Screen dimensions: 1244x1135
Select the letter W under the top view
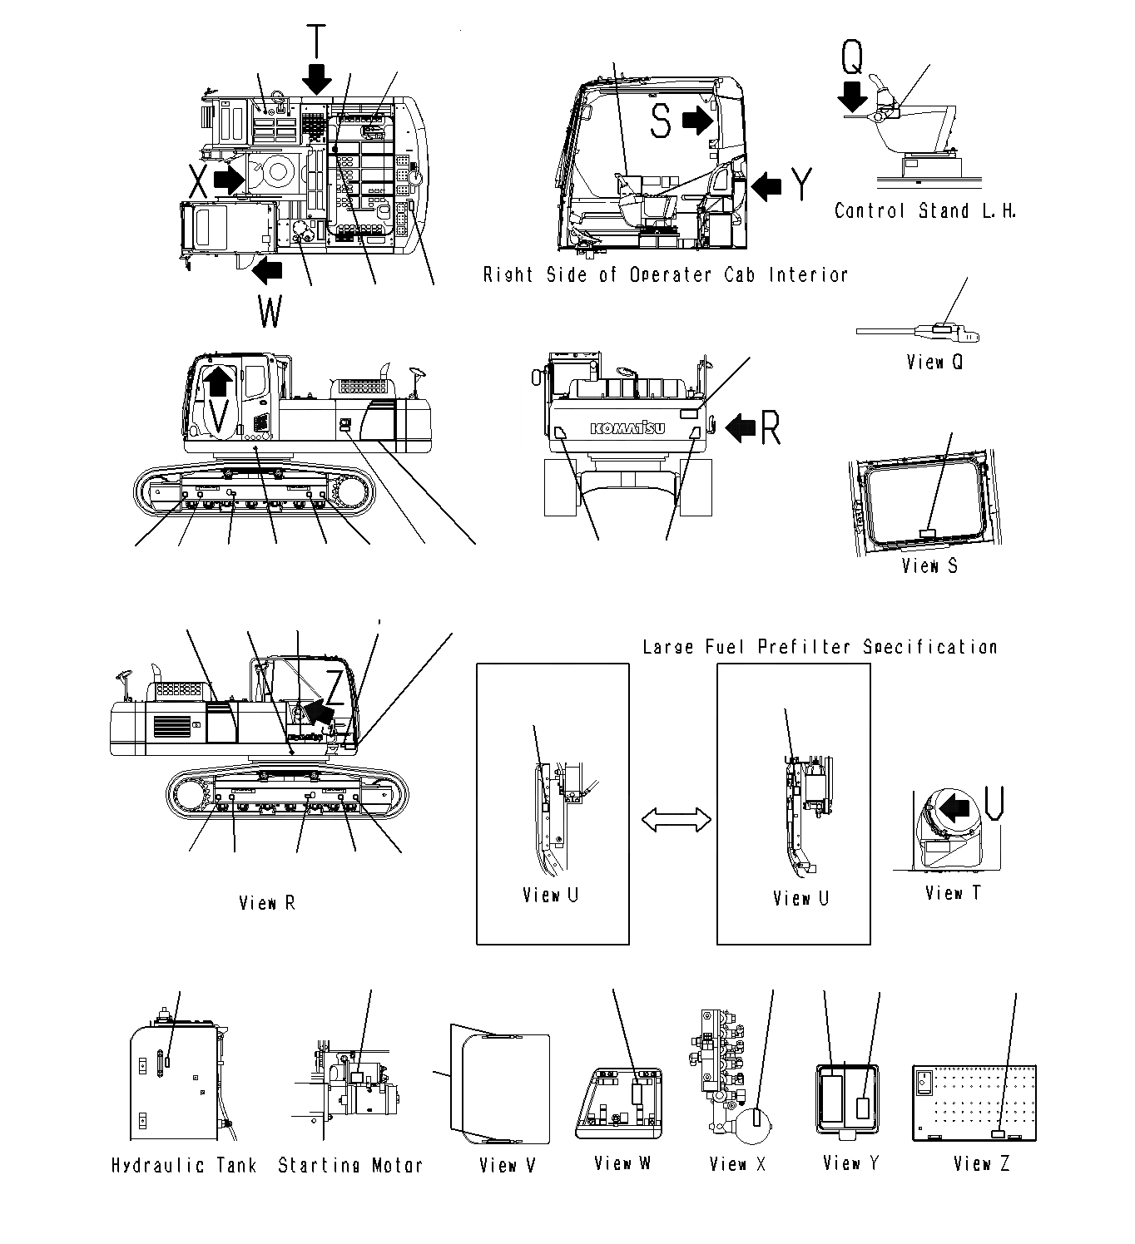[270, 313]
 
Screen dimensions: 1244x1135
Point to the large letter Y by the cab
[800, 184]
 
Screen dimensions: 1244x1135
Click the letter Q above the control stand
[852, 57]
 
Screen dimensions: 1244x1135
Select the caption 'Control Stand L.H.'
[924, 211]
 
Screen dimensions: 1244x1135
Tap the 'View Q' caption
[934, 363]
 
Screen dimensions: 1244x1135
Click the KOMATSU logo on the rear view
[628, 428]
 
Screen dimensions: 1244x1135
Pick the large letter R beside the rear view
[771, 427]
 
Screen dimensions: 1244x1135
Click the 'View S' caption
[929, 566]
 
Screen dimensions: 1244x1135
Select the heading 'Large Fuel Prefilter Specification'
[819, 647]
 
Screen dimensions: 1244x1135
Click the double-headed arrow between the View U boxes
[676, 821]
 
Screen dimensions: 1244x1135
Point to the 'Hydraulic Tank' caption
[184, 1166]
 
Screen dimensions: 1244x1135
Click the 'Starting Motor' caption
[349, 1166]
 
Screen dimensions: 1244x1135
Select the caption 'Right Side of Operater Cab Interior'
[666, 275]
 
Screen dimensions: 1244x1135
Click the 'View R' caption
[266, 903]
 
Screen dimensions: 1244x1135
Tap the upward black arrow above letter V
[218, 381]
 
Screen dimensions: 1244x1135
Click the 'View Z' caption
[981, 1164]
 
